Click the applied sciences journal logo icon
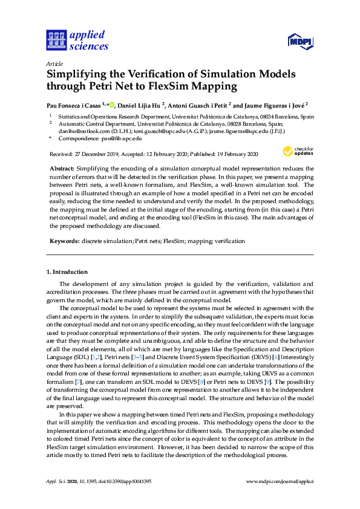click(x=56, y=41)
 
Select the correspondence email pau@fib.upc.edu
click(x=115, y=138)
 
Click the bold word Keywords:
click(x=64, y=241)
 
